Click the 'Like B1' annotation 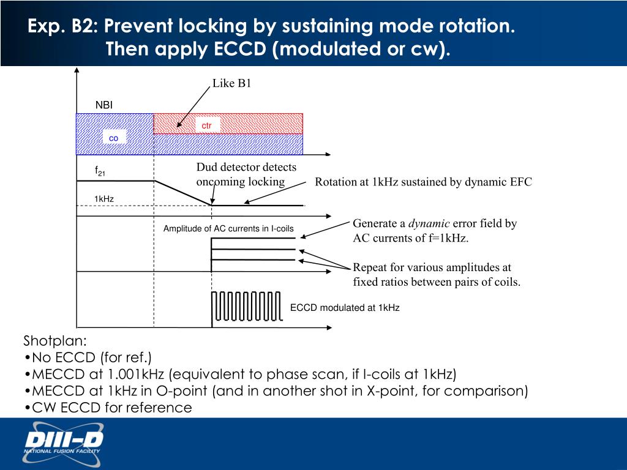coord(232,84)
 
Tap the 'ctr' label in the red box coord(207,125)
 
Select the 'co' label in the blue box coord(113,138)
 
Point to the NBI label coord(104,106)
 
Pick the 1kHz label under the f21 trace coord(104,199)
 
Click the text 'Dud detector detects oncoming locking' coord(246,174)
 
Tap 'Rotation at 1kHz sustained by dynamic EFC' coord(423,182)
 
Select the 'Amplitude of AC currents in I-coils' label coord(228,229)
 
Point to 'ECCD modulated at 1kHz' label coord(345,308)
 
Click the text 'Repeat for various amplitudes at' coord(432,267)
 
